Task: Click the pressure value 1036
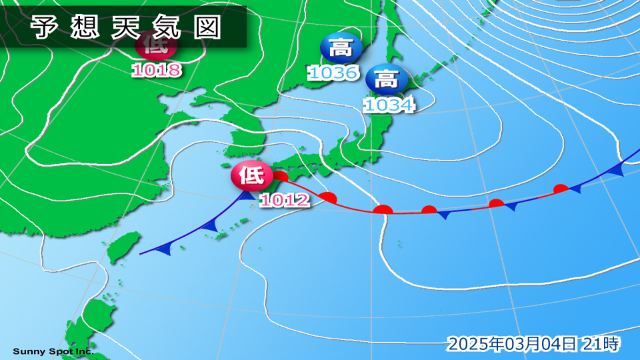coord(333,72)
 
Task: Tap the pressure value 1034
coord(389,104)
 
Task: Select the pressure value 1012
coord(285,199)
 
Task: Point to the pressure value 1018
coord(157,70)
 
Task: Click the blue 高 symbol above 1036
coord(341,48)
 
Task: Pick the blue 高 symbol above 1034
coord(386,80)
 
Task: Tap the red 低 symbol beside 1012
coord(251,176)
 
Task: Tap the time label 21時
coord(601,344)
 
